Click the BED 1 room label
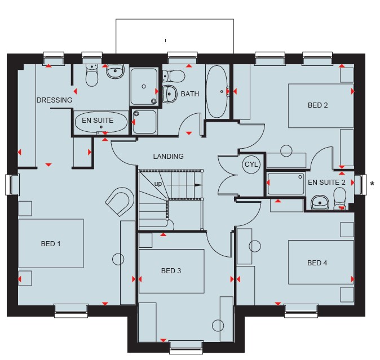point(51,243)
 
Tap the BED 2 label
point(318,105)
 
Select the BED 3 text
point(171,270)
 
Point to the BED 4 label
point(317,263)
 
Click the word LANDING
point(168,156)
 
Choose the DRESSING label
point(54,100)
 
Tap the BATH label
point(190,94)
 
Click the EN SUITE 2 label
point(326,183)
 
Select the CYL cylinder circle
point(251,165)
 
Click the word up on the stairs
point(158,184)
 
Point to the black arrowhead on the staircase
point(199,185)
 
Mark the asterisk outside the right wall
point(372,184)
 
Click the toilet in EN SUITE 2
point(339,198)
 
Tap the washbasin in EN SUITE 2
point(320,203)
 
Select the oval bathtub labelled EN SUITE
point(101,122)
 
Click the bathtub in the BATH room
point(217,92)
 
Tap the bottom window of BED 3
point(186,347)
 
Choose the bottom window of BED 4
point(301,311)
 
